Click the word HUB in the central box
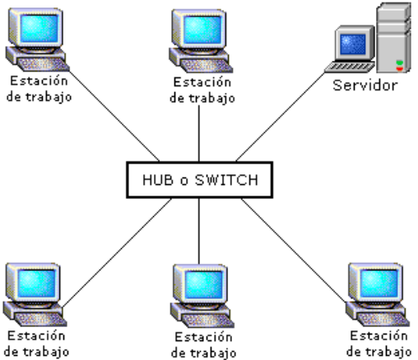[x=158, y=180]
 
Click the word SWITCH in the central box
[x=226, y=180]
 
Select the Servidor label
[x=365, y=85]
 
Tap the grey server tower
[x=394, y=38]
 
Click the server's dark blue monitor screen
[x=353, y=44]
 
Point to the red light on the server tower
[x=400, y=69]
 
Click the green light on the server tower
[x=400, y=63]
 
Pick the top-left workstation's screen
[x=39, y=28]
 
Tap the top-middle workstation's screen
[x=202, y=30]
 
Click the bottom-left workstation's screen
[x=36, y=284]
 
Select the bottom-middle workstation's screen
[x=204, y=284]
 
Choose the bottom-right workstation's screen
[x=379, y=284]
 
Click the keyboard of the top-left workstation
[x=44, y=65]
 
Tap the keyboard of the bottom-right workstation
[x=383, y=320]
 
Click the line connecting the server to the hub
[x=281, y=117]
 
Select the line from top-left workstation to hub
[x=114, y=116]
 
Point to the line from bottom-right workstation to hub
[x=294, y=251]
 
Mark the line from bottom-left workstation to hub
[x=117, y=252]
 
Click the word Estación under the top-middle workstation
[x=202, y=82]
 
